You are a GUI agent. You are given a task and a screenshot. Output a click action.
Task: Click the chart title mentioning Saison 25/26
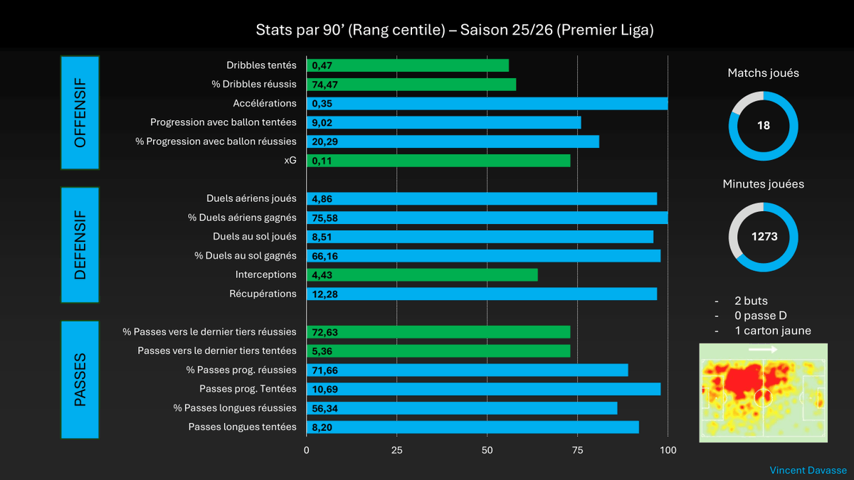454,31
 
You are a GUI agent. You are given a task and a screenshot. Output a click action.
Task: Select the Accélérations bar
487,103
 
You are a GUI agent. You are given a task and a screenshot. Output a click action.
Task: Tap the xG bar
438,161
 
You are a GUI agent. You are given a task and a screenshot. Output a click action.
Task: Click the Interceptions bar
422,274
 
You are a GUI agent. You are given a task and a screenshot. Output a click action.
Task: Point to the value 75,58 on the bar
324,218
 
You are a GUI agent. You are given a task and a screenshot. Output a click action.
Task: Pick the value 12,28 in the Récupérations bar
324,294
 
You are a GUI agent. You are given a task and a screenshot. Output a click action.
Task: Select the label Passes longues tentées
242,427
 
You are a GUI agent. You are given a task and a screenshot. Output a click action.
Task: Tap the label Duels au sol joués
254,237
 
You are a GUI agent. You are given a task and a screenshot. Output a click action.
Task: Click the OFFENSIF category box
80,113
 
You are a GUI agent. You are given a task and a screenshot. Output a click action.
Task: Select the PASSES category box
80,379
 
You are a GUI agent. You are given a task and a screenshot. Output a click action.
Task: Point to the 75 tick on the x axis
577,449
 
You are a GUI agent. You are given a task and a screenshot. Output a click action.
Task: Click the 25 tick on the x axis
397,449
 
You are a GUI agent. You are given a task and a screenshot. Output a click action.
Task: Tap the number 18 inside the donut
764,125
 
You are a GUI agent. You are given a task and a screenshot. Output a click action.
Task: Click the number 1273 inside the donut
764,237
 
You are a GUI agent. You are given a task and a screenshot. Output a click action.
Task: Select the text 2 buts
751,301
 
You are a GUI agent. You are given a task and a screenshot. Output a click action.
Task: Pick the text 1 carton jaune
772,331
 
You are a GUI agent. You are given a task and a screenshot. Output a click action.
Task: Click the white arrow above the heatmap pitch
763,349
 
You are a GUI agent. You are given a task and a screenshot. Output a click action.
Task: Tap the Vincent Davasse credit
808,470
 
